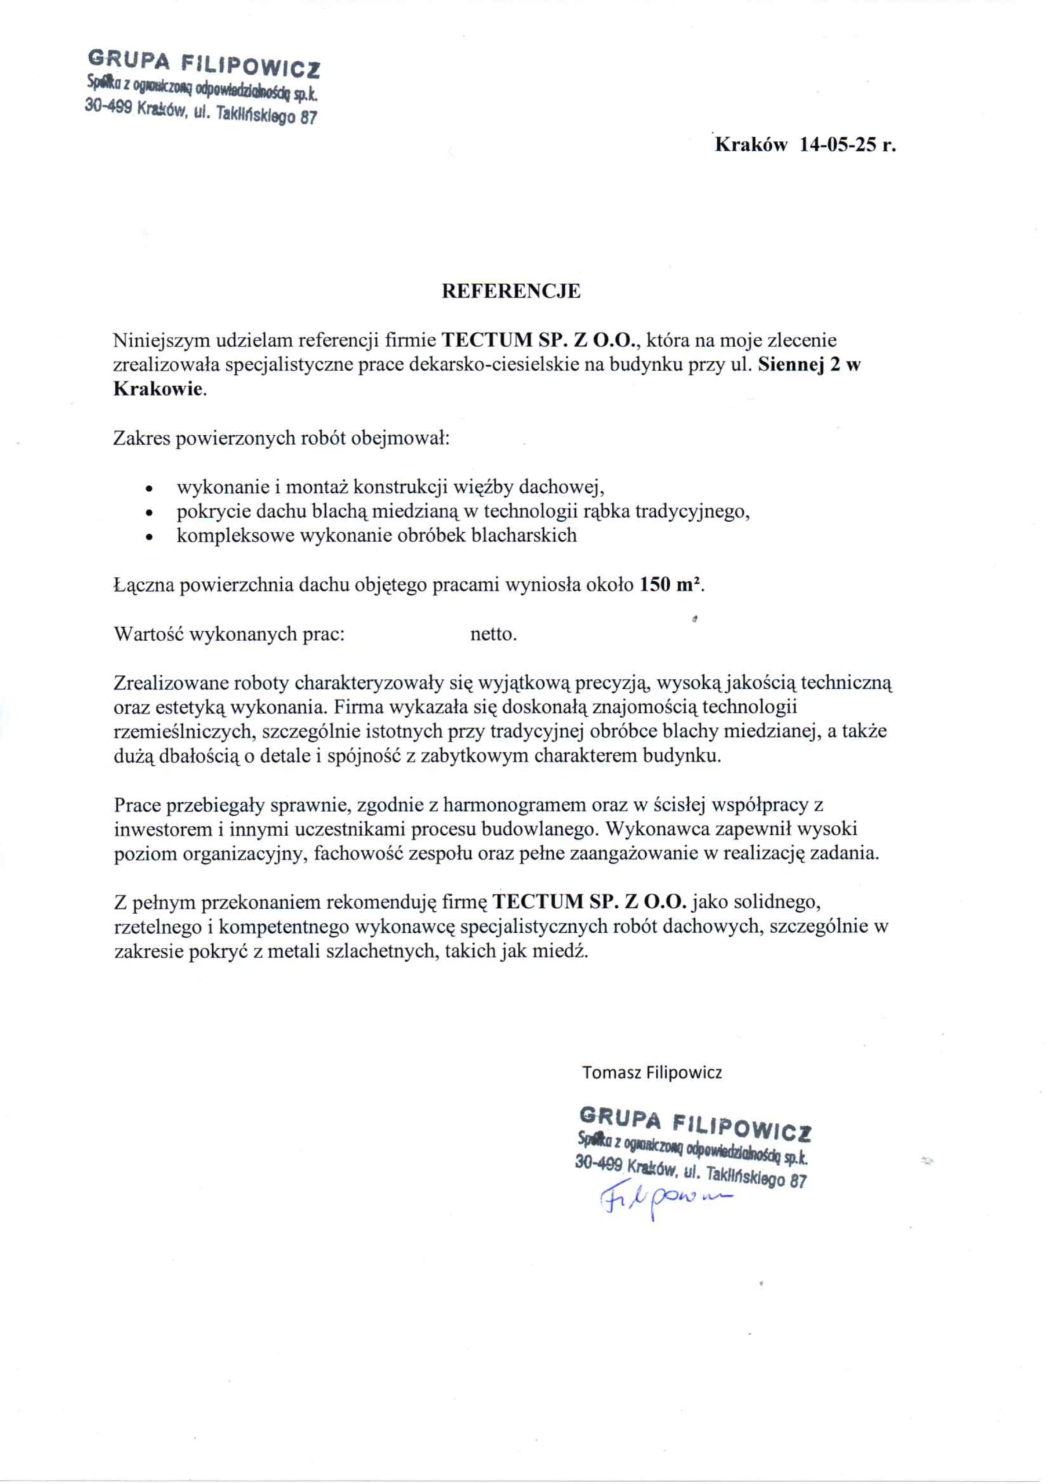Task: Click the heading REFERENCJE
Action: click(511, 292)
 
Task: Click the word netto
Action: click(493, 634)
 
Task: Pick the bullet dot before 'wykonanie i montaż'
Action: click(150, 488)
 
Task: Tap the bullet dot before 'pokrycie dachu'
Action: click(150, 512)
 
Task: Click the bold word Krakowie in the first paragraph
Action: click(159, 389)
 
